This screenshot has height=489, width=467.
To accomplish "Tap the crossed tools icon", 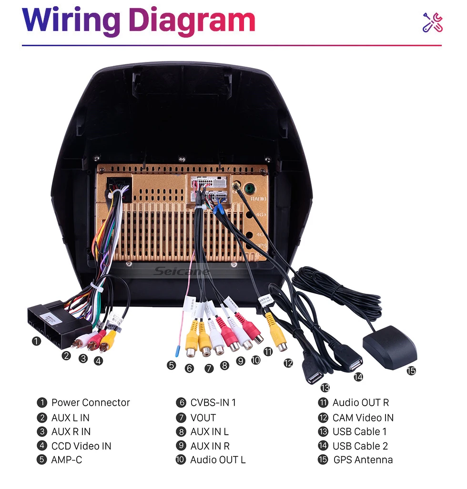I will (433, 22).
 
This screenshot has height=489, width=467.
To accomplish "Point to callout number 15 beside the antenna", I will (411, 371).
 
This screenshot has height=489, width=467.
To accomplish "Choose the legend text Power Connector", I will (91, 403).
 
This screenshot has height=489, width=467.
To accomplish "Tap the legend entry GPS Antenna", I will (363, 460).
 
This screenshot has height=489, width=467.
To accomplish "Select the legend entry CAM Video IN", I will (363, 418).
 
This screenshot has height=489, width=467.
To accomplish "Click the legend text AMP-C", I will (67, 460).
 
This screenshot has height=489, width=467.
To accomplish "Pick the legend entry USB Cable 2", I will (360, 446).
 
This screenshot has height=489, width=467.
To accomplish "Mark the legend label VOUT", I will (203, 418).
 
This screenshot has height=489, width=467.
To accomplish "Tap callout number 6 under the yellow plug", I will (190, 368).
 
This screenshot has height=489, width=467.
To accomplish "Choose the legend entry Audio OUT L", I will (218, 460).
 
